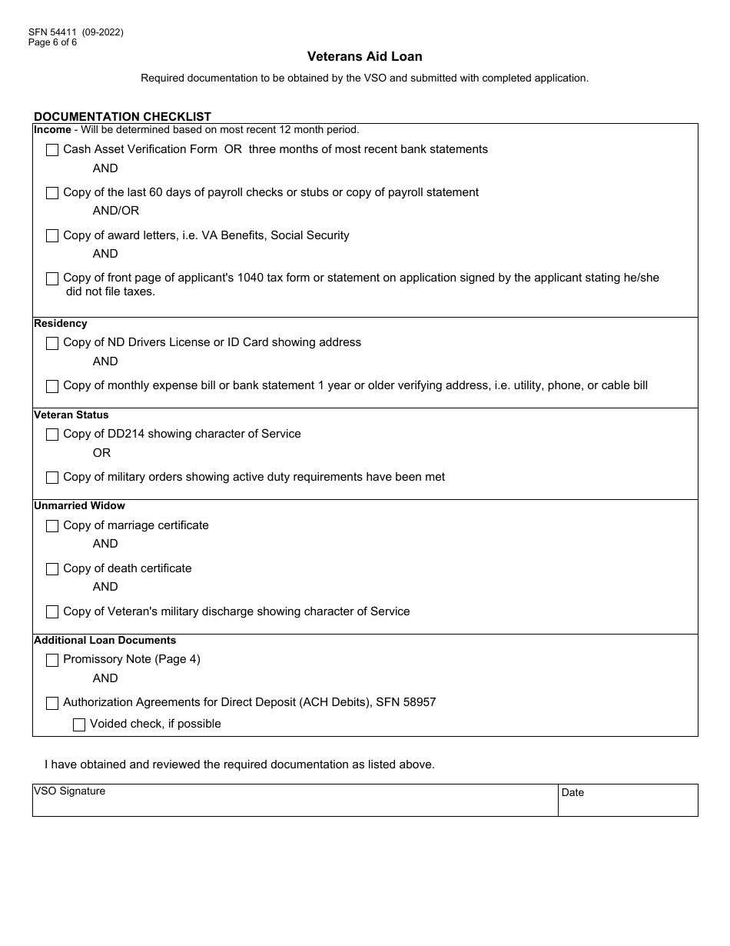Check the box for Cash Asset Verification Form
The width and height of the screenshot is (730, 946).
[x=52, y=150]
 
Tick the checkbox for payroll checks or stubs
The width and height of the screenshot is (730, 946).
[x=52, y=193]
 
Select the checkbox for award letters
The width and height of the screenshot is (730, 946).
[x=52, y=236]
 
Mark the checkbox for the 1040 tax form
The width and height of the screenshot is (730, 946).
[x=52, y=278]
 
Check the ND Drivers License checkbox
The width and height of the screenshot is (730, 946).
[x=52, y=343]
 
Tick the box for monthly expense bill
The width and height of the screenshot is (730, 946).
[x=52, y=386]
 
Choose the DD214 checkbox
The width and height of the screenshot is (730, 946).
[x=52, y=435]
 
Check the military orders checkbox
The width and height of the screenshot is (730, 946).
[x=52, y=478]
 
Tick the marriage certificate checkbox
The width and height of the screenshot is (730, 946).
[x=52, y=526]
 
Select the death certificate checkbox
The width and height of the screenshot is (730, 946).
[x=52, y=569]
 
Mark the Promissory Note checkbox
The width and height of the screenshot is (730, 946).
[x=52, y=660]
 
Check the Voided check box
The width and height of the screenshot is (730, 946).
[x=79, y=724]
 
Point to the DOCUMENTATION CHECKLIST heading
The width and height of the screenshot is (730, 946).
[x=122, y=117]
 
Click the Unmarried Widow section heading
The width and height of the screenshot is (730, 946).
[x=79, y=506]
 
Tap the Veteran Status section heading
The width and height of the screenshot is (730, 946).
[x=71, y=415]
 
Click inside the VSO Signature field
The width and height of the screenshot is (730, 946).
[x=295, y=804]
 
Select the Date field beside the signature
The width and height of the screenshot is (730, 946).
[x=628, y=804]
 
